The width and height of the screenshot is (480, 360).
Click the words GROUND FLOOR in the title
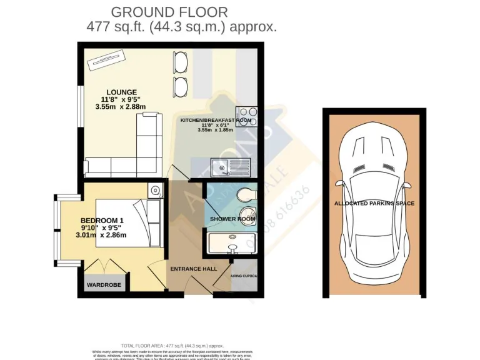click(x=169, y=12)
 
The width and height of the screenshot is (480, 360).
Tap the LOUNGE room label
click(x=121, y=92)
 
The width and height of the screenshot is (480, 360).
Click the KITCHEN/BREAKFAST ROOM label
click(x=216, y=120)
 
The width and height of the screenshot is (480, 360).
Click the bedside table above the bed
click(x=155, y=189)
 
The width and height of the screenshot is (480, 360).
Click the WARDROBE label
click(x=104, y=285)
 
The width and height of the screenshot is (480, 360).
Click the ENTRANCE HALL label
click(x=193, y=269)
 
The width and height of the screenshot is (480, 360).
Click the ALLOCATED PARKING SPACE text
click(x=374, y=204)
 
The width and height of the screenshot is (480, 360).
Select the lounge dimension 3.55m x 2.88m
click(x=121, y=107)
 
